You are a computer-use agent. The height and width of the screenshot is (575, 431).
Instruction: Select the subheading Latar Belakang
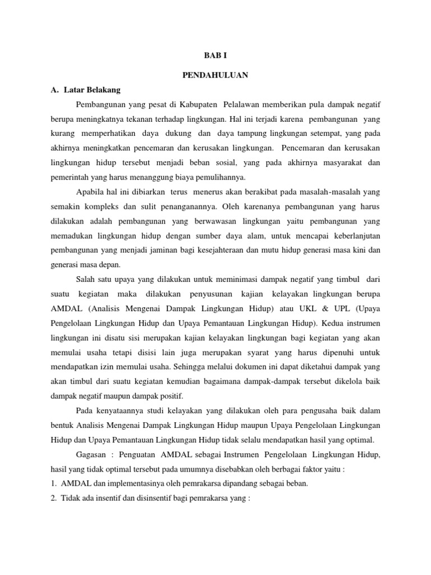[92, 89]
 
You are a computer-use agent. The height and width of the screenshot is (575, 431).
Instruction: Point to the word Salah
[85, 279]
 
